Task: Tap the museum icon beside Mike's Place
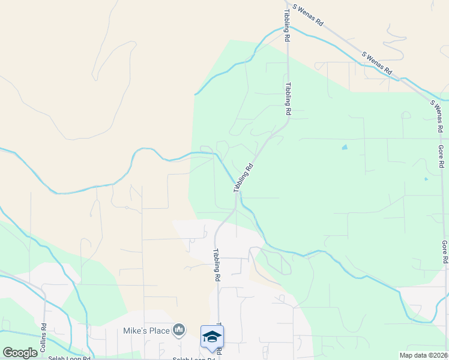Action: click(178, 329)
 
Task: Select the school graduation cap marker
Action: click(212, 336)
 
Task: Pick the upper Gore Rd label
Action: click(441, 155)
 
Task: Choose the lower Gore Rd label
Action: click(445, 253)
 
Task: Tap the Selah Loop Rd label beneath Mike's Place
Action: click(194, 359)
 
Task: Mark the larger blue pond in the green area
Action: click(344, 147)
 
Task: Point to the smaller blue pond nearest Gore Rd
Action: click(426, 179)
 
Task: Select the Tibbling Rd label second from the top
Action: click(288, 99)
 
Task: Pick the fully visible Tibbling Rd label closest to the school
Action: click(215, 266)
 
